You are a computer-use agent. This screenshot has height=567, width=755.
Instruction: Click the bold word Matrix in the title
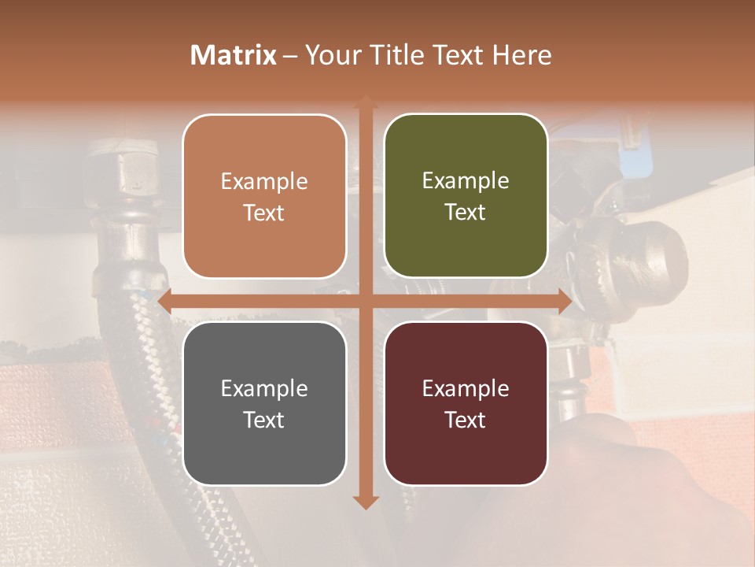coord(234,55)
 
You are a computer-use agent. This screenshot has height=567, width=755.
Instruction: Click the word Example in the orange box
coord(264,182)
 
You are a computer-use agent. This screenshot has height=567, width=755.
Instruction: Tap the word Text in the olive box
coord(466,213)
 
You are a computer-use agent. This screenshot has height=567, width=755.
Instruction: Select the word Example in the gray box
coord(264,389)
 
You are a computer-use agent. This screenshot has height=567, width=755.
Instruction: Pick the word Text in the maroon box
coord(466,420)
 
